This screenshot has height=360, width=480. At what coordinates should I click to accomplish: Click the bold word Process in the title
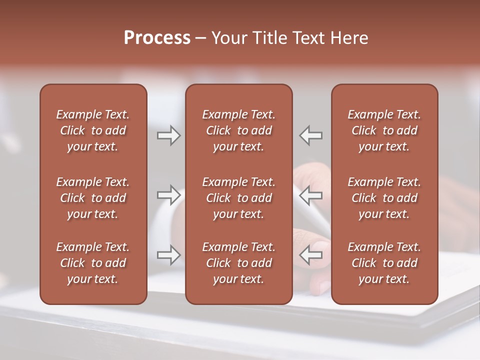(x=157, y=38)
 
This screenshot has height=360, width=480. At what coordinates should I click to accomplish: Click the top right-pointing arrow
(x=169, y=135)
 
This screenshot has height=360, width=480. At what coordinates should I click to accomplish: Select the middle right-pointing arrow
(x=169, y=195)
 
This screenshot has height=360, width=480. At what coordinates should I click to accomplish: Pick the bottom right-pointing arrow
(x=169, y=255)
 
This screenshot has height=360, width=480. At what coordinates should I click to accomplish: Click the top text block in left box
(x=93, y=130)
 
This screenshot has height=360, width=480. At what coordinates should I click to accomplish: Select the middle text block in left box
(x=93, y=198)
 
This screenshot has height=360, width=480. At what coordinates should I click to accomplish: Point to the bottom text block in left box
(x=93, y=263)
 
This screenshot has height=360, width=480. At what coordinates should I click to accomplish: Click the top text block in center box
(x=239, y=130)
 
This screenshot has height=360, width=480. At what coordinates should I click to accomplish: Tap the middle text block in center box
(x=239, y=198)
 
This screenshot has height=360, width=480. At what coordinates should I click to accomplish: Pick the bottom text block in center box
(x=239, y=263)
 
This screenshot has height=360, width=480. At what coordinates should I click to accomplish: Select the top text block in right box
(x=384, y=130)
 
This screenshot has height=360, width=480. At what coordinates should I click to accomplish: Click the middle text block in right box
(x=384, y=198)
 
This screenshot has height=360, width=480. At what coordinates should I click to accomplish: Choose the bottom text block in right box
(x=384, y=263)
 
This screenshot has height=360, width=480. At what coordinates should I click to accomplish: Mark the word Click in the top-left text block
(x=72, y=130)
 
